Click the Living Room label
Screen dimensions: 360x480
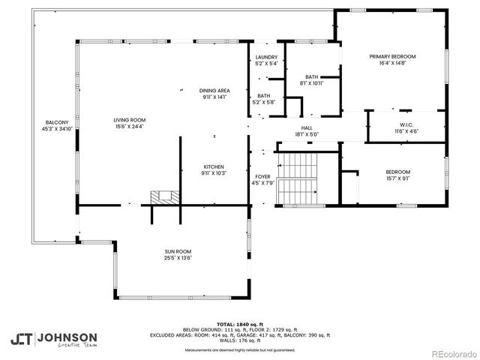(x=129, y=120)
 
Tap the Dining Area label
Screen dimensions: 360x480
(x=214, y=91)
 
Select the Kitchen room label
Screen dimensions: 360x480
(x=214, y=166)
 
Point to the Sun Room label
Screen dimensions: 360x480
(x=178, y=252)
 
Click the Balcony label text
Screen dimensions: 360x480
(x=57, y=122)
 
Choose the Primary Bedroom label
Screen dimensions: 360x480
(x=391, y=57)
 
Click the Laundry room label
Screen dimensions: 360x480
(x=266, y=57)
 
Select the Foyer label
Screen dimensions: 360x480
(x=264, y=175)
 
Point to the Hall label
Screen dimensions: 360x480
(x=307, y=128)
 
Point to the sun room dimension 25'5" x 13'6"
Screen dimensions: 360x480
(x=178, y=258)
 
